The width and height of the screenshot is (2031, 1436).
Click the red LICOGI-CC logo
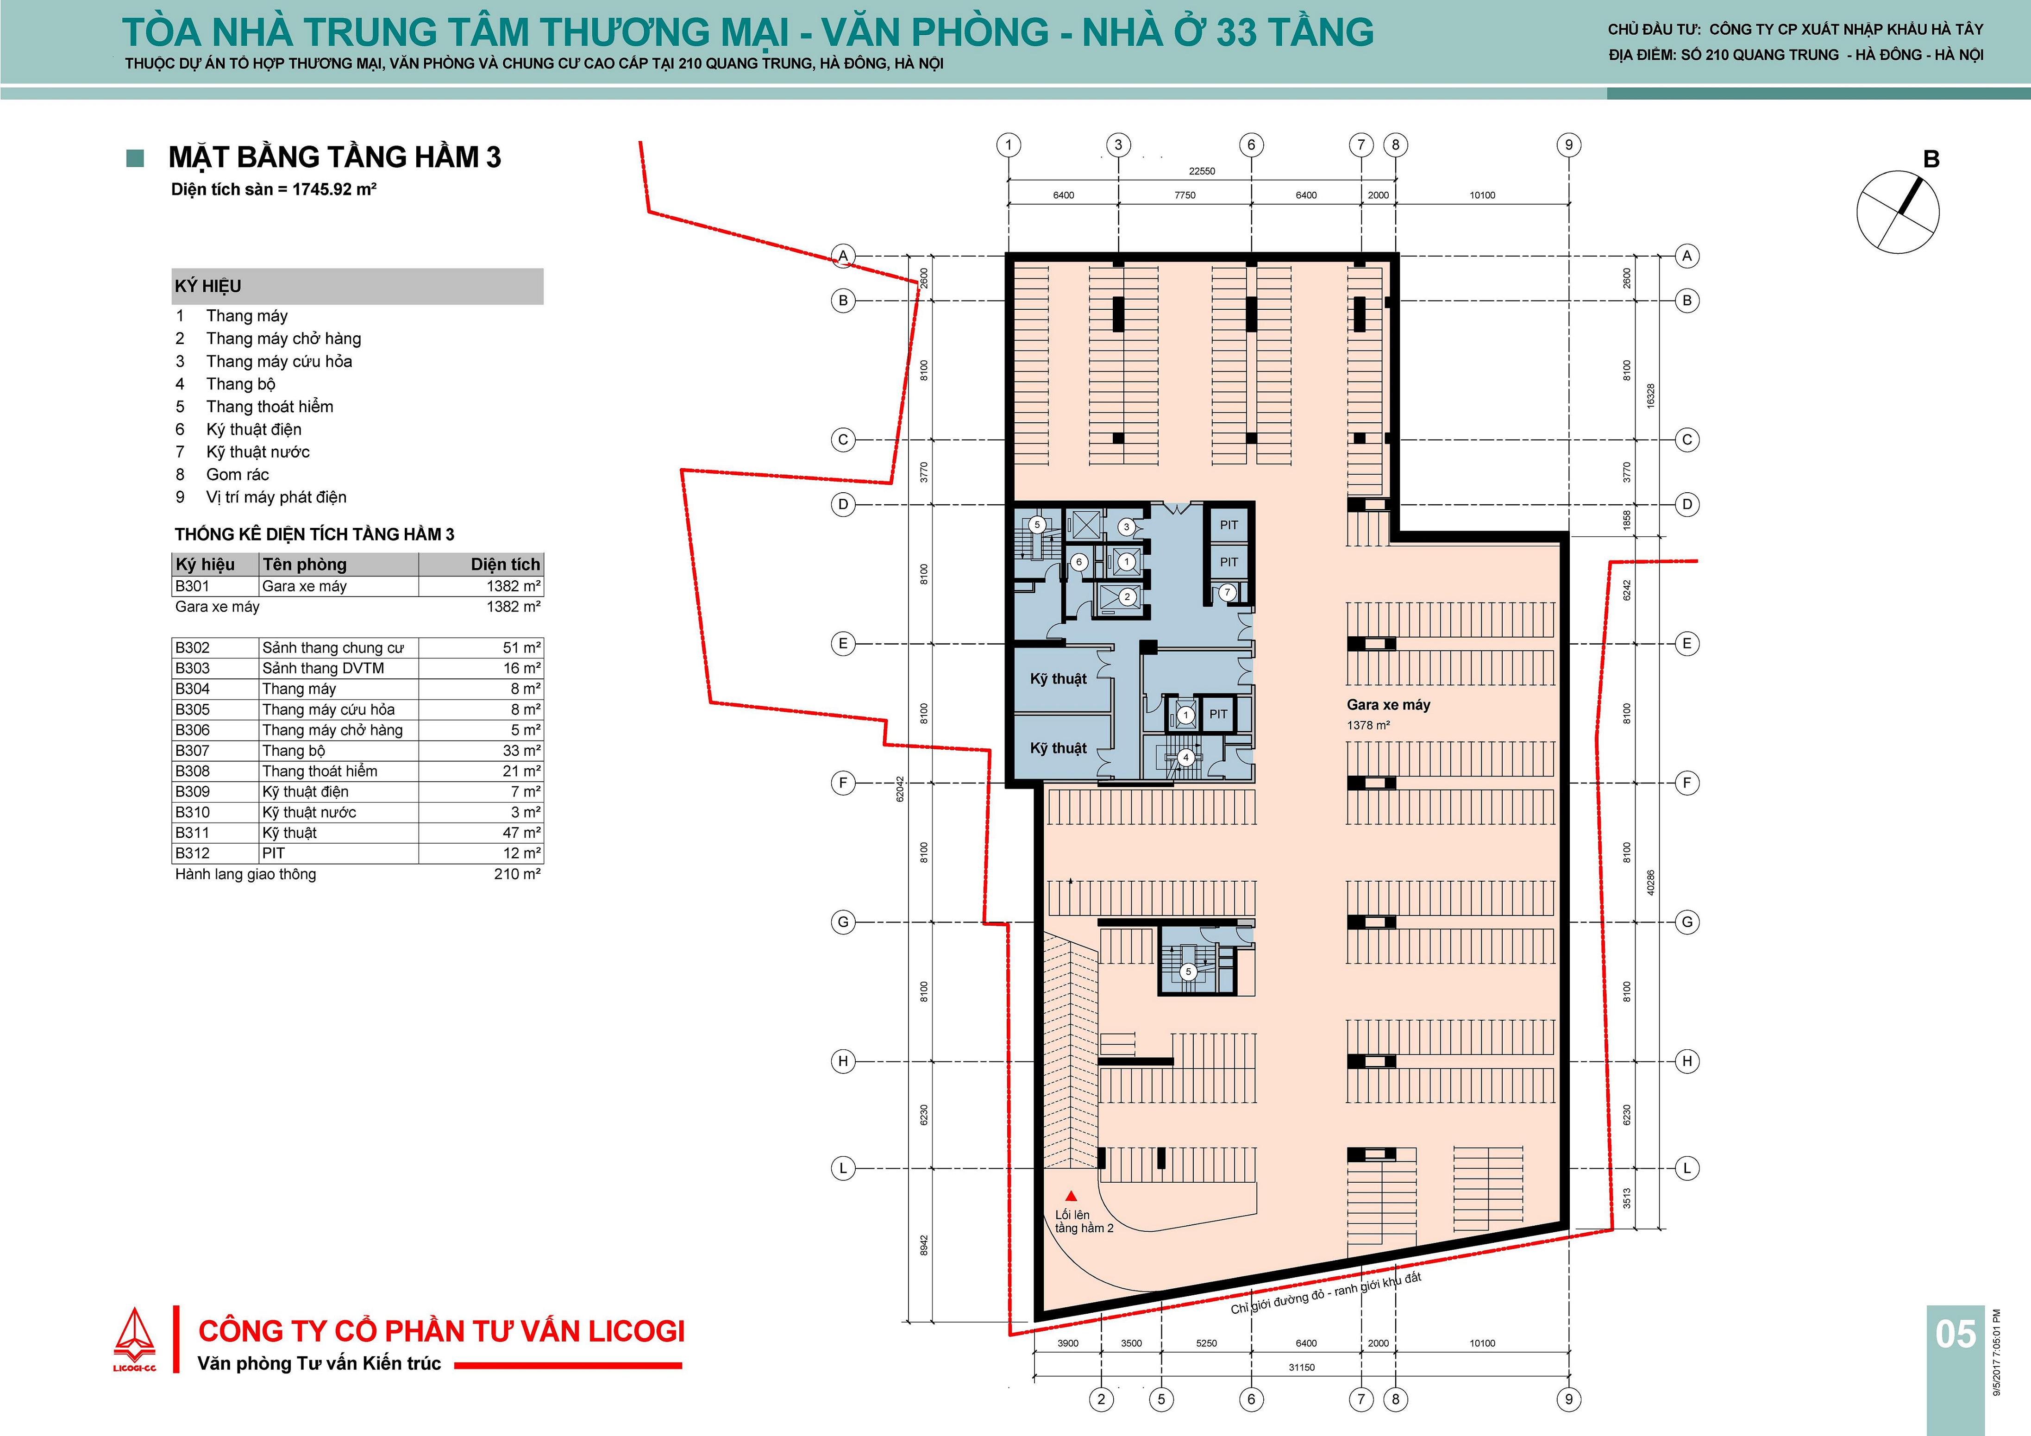tap(134, 1341)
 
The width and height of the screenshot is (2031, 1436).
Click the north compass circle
tap(1898, 213)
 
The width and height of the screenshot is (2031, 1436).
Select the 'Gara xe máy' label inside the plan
tap(1388, 705)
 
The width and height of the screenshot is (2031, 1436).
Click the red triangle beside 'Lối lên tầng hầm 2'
tap(1071, 1195)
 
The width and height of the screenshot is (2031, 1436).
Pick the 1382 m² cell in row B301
tap(513, 586)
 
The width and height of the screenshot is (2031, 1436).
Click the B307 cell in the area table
tap(192, 750)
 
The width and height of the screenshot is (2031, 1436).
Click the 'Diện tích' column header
tap(505, 564)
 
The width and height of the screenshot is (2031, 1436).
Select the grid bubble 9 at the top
tap(1568, 145)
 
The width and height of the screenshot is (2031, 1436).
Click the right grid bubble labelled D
tap(1687, 504)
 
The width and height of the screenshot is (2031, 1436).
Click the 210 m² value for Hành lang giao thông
tap(518, 874)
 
